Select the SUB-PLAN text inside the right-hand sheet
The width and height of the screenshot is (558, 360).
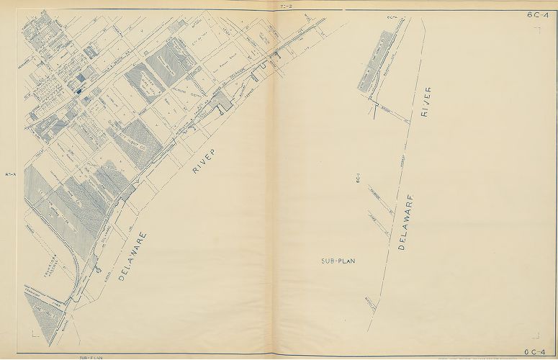pyautogui.click(x=339, y=261)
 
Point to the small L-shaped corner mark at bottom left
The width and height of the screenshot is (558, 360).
pyautogui.click(x=35, y=333)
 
